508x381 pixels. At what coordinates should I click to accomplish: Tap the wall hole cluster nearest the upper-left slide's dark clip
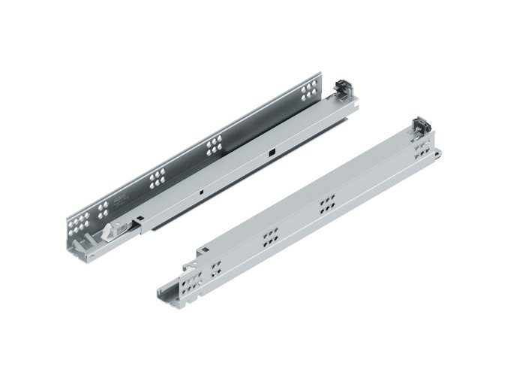pyautogui.click(x=308, y=92)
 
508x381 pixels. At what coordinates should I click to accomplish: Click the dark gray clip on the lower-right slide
pyautogui.click(x=421, y=125)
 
